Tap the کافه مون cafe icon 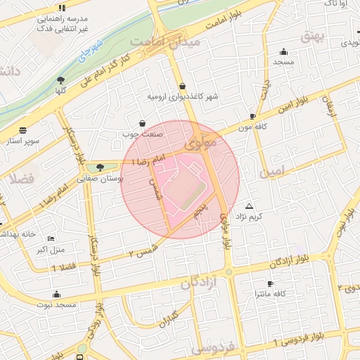(x=252, y=116)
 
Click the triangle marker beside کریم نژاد (x=247, y=206)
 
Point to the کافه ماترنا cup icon (x=271, y=283)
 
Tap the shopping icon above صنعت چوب (x=143, y=122)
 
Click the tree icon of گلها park (x=60, y=79)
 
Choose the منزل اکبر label (x=50, y=250)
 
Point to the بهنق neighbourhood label (x=313, y=34)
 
